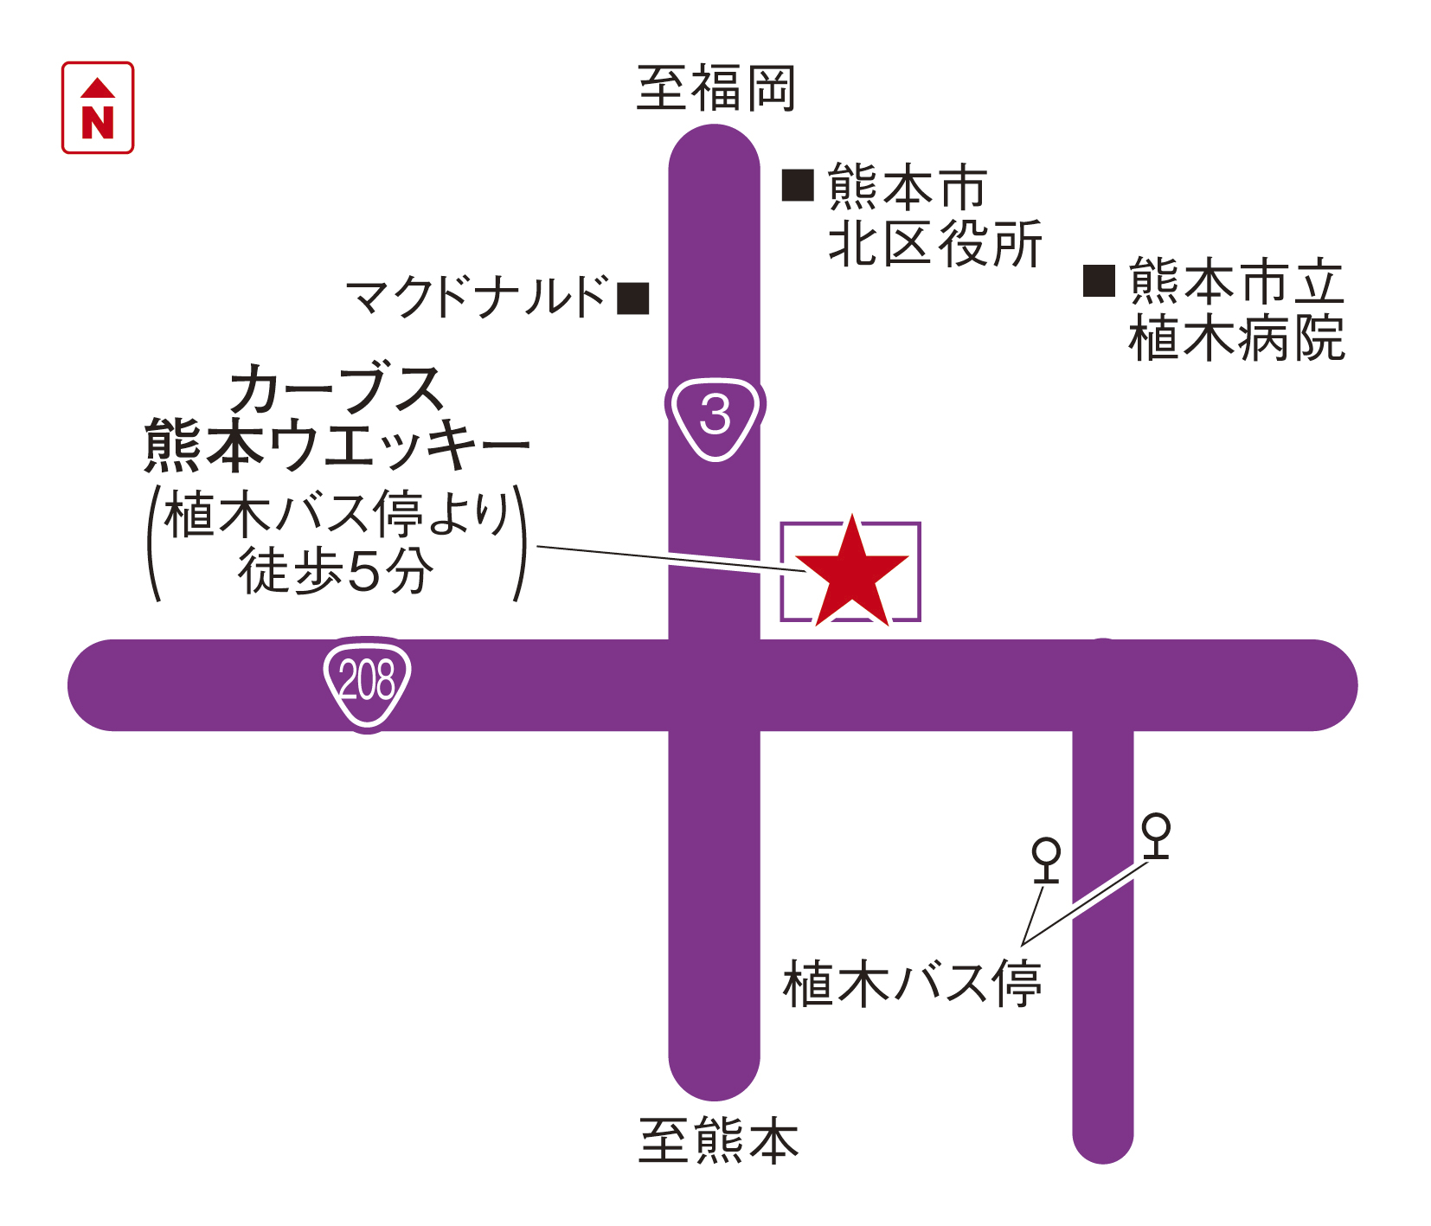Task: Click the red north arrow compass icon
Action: pyautogui.click(x=98, y=108)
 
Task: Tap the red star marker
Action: pyautogui.click(x=852, y=575)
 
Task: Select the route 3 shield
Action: pyautogui.click(x=715, y=416)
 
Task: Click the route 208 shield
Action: pyautogui.click(x=368, y=683)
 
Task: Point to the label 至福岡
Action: pyautogui.click(x=715, y=88)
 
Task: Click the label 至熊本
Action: pyautogui.click(x=718, y=1140)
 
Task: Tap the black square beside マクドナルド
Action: pyautogui.click(x=633, y=298)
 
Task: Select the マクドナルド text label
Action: pyautogui.click(x=478, y=297)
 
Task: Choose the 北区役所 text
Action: pyautogui.click(x=935, y=243)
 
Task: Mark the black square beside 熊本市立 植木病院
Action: pyautogui.click(x=1099, y=280)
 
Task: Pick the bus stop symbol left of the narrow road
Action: pyautogui.click(x=1047, y=860)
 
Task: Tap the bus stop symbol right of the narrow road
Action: pyautogui.click(x=1156, y=836)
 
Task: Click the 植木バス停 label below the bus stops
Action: pyautogui.click(x=913, y=984)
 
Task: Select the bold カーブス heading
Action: pyautogui.click(x=337, y=388)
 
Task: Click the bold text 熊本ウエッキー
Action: pyautogui.click(x=337, y=445)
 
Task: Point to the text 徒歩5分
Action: pyautogui.click(x=337, y=571)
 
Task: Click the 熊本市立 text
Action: pyautogui.click(x=1236, y=281)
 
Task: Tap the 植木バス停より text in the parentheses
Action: pyautogui.click(x=337, y=516)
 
